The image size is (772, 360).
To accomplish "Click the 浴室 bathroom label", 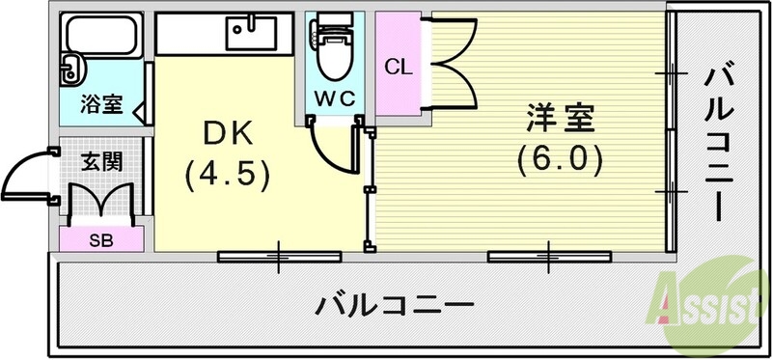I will [x=101, y=104].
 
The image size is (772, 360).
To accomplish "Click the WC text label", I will [x=334, y=97].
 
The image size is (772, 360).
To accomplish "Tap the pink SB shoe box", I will [x=101, y=239].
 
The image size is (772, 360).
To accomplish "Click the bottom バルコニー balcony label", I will [x=396, y=307].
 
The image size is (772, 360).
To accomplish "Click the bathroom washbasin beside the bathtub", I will [x=71, y=68].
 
